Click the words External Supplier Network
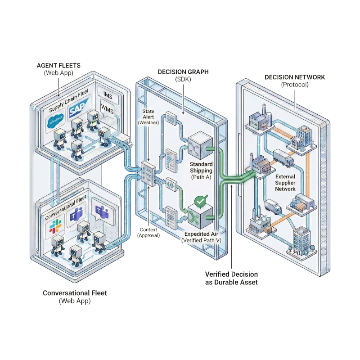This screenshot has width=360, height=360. [x=286, y=183]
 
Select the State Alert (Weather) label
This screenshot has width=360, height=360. [x=148, y=117]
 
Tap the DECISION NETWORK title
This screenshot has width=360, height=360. [x=295, y=81]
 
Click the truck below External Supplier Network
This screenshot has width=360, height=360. [x=273, y=207]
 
